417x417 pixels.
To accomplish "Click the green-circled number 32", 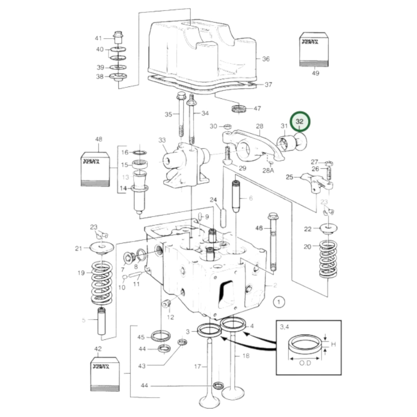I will point(300,121).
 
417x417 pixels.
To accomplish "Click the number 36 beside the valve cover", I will point(266,59).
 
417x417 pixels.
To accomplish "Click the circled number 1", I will point(278,302).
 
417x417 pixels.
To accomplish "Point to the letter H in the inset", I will point(333,344).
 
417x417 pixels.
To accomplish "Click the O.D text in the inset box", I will point(305,363).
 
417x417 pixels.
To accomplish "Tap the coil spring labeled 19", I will point(102,283).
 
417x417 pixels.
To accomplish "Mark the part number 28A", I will point(268,171).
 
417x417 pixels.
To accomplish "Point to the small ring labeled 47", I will point(239,109).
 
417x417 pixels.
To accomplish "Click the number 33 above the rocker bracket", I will point(162,140).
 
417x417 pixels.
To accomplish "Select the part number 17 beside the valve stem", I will point(197,366).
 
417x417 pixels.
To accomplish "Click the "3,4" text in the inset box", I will point(284,327).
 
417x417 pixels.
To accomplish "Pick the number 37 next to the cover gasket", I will point(268,85).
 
